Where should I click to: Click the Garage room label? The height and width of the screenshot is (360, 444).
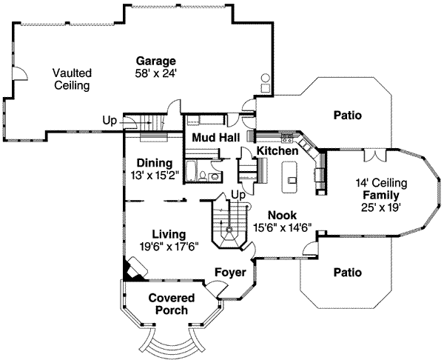[155, 61]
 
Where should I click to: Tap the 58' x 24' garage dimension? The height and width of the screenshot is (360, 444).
[155, 73]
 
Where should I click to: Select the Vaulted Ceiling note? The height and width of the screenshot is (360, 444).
[71, 79]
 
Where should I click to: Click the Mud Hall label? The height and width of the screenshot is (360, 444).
[213, 138]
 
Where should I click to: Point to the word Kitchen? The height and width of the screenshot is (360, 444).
[277, 151]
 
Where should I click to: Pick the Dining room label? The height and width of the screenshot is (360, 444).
[155, 163]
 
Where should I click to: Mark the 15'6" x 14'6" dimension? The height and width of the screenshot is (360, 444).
[282, 228]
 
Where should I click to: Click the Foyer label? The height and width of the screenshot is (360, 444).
[229, 273]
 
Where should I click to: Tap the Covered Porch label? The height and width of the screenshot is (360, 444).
[172, 304]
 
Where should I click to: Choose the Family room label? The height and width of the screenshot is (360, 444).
[380, 195]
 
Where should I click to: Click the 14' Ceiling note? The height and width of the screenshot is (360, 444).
[380, 183]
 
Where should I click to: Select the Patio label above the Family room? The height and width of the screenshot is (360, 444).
[347, 116]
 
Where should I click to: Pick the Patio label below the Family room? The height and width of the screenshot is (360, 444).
[347, 272]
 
